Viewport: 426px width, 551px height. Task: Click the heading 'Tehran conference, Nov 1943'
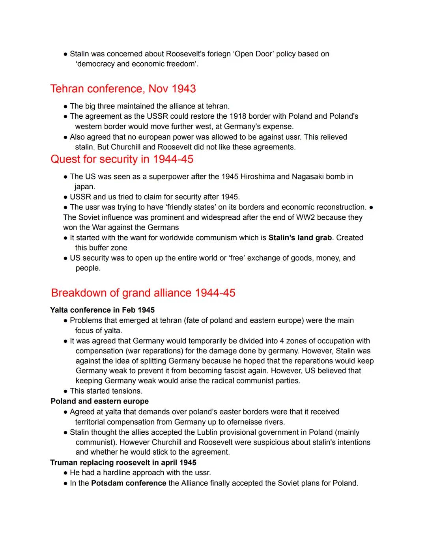coord(123,89)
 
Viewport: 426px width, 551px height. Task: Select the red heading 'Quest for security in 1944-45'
coord(122,159)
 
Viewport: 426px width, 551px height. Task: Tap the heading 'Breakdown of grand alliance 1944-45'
coord(143,293)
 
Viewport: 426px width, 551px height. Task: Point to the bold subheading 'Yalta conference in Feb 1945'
coord(103,310)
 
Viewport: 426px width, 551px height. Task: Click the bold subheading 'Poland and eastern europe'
coord(100,402)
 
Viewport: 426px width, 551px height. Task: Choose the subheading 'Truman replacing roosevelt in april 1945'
coord(123,463)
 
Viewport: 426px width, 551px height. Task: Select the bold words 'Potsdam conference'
coord(129,483)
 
